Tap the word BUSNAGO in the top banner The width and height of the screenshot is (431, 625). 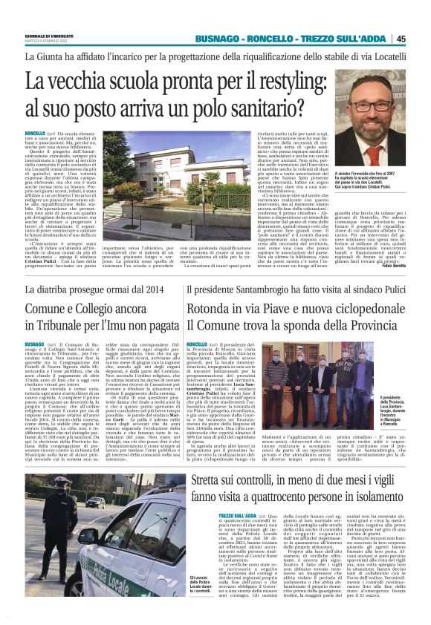(x=218, y=39)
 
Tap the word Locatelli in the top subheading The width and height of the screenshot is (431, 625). (x=383, y=56)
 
